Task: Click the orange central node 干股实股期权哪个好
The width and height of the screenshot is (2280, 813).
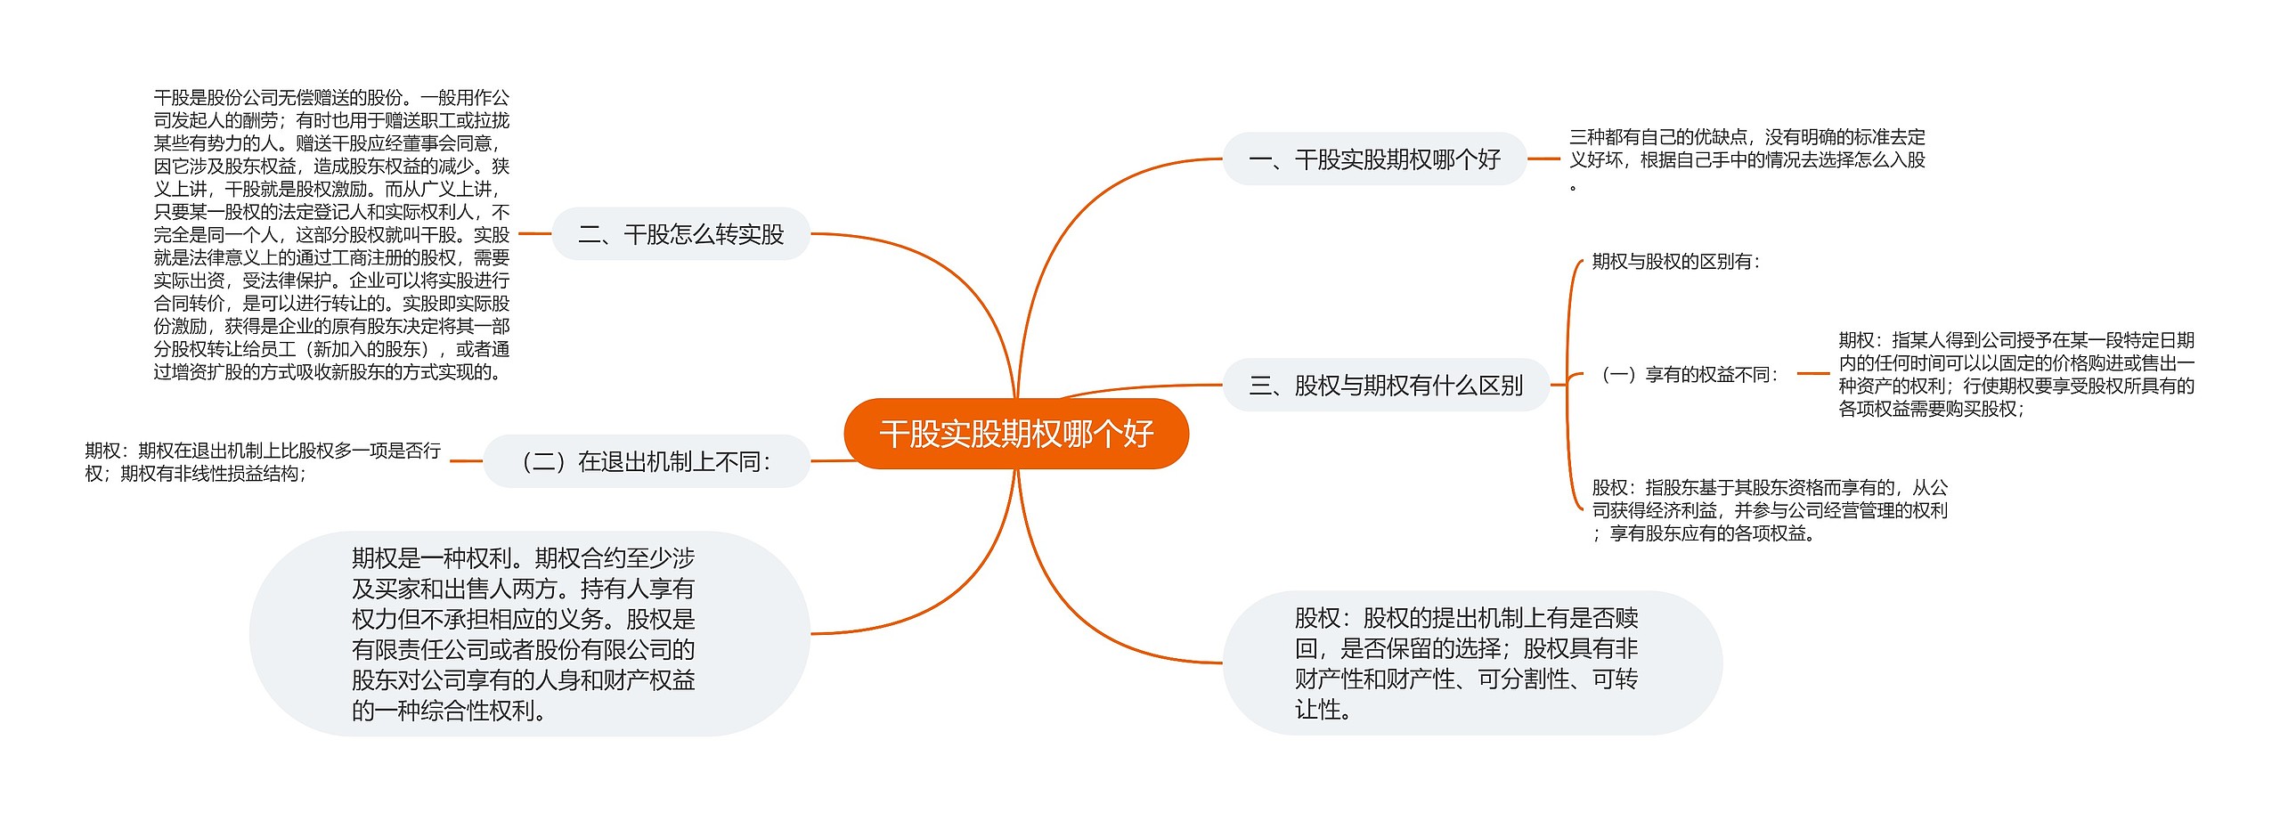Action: coord(1015,434)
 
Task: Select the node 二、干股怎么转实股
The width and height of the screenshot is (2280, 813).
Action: coord(680,234)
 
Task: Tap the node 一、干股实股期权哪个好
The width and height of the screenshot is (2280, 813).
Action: coord(1374,159)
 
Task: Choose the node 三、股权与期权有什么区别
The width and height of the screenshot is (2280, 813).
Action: coord(1385,386)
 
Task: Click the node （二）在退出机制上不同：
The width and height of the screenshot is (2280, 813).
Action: coord(647,461)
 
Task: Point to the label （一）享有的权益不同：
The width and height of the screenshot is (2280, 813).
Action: coord(1689,375)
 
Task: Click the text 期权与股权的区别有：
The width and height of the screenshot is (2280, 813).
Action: coord(1676,262)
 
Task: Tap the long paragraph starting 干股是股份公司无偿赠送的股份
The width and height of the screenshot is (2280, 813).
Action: coord(331,234)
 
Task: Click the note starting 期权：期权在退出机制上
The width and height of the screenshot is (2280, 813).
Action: coord(263,461)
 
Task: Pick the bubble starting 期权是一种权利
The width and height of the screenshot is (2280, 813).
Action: coord(523,634)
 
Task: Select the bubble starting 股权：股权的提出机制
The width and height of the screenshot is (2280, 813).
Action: coord(1466,663)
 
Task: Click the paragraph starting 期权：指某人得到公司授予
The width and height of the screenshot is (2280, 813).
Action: coord(2016,374)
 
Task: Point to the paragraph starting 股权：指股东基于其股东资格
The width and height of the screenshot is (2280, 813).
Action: coord(1770,510)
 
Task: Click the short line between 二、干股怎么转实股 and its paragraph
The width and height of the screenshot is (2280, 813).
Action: coord(534,234)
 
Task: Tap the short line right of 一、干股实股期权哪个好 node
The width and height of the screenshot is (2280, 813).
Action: coord(1543,159)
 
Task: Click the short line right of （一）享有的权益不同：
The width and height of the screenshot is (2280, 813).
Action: coord(1812,374)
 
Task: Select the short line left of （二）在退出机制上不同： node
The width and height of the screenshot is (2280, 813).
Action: coord(466,461)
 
